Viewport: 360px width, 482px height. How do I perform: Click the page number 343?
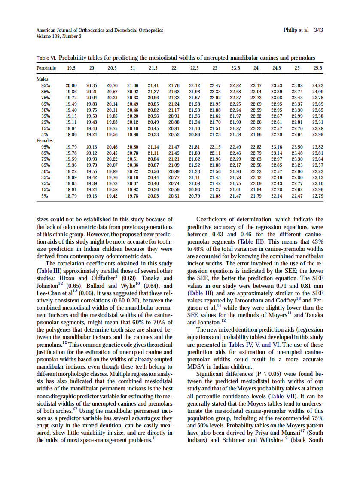tap(318, 30)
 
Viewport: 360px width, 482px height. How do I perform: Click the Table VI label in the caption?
tap(46, 58)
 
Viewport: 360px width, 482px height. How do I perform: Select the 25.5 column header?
tap(318, 68)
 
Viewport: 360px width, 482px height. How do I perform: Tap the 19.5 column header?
tap(71, 68)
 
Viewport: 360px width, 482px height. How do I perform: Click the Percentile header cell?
tap(46, 68)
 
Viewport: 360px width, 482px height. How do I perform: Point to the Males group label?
tap(42, 79)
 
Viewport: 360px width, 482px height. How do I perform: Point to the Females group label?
tap(45, 140)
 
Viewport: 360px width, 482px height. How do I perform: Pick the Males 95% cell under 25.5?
tap(318, 85)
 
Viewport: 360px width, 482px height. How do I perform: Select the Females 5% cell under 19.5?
tap(71, 195)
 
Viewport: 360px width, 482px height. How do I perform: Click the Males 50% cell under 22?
tap(174, 110)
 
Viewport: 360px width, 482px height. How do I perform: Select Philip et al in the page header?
tap(296, 30)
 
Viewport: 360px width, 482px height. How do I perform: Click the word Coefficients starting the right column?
tap(214, 220)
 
